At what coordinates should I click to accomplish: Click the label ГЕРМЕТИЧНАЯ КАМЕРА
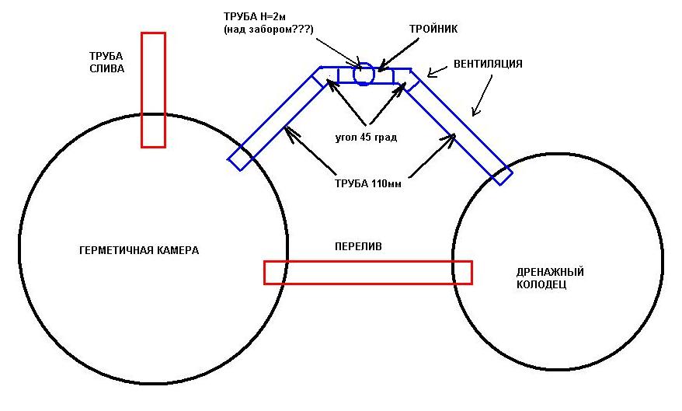coord(139,251)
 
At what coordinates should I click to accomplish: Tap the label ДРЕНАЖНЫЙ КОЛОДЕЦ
coord(549,278)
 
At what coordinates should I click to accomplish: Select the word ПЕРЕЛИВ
coord(357,246)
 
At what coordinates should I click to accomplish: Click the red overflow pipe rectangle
coord(367,272)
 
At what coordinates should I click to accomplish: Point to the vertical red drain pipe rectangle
coord(153,89)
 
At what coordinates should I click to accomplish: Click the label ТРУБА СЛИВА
coord(106,62)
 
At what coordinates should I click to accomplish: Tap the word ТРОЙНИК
coord(433,29)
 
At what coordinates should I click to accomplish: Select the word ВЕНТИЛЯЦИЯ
coord(488,64)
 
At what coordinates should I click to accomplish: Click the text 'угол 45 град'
coord(366,137)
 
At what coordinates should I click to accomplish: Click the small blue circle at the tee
coord(364,75)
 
